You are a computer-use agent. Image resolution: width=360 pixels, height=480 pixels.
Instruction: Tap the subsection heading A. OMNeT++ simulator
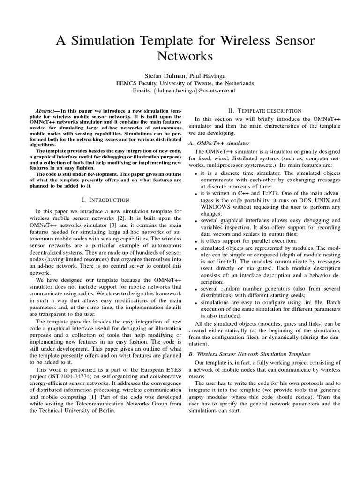coord(219,142)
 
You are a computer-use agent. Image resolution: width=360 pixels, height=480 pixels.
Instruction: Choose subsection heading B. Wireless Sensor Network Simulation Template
coord(253,354)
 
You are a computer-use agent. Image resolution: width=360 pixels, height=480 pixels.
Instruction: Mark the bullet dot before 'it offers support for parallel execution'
coord(195,242)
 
